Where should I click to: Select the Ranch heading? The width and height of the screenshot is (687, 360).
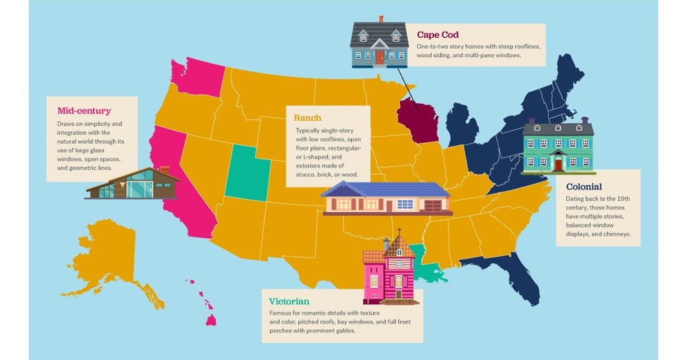tap(308, 117)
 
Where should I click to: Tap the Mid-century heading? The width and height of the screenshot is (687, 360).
tap(84, 110)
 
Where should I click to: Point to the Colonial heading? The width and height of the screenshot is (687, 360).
tap(584, 186)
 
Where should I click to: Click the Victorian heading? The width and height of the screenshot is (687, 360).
tap(289, 301)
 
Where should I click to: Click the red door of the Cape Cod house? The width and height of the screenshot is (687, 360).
tap(379, 58)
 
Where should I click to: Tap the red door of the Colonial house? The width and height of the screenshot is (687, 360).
tap(559, 165)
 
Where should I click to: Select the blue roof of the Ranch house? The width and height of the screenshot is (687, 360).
tap(385, 189)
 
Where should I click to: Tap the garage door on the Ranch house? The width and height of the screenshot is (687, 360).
tap(433, 205)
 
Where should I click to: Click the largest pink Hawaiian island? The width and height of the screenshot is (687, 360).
tap(211, 319)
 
